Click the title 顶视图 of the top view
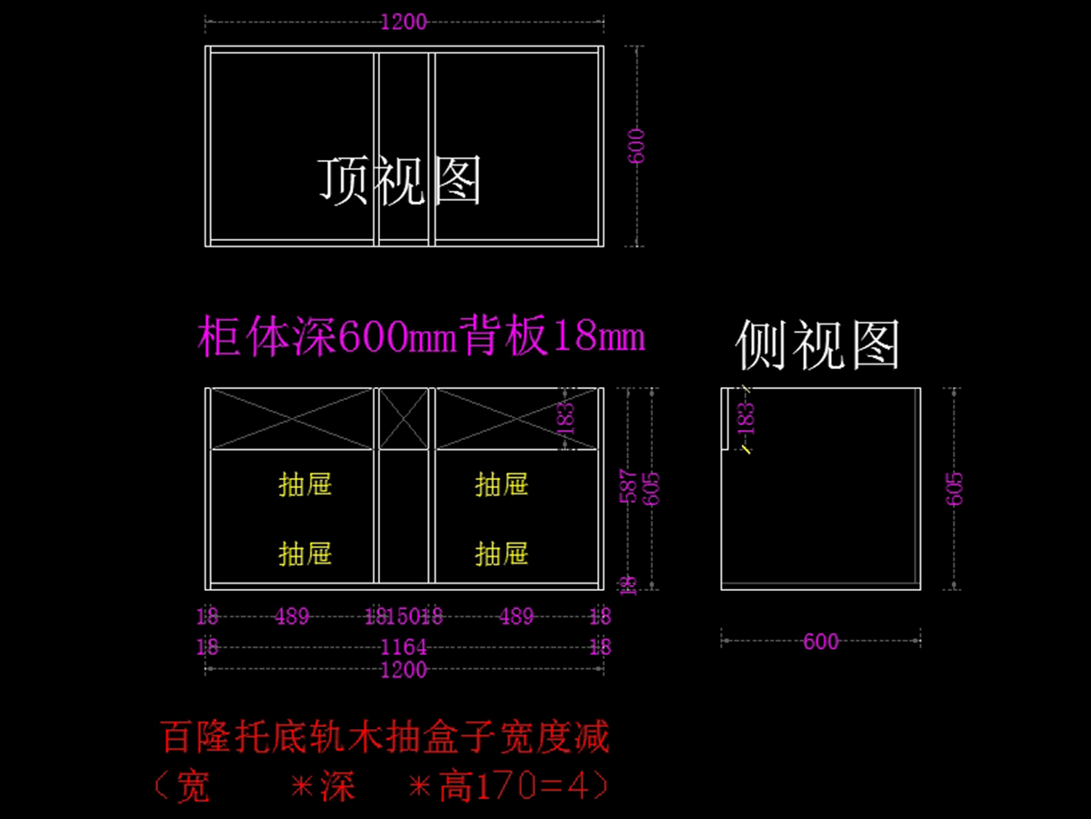[x=399, y=179]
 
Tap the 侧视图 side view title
[x=817, y=345]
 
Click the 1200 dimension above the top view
[x=404, y=22]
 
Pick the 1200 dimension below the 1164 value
[x=404, y=670]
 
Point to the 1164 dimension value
[x=404, y=647]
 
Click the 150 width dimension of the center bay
[x=403, y=617]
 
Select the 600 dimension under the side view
[x=820, y=642]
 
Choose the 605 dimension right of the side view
[x=955, y=488]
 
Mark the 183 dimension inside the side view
[x=746, y=417]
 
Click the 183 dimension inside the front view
[x=566, y=417]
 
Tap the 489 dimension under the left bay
[x=292, y=617]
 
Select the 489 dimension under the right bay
[x=516, y=617]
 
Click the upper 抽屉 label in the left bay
[x=305, y=484]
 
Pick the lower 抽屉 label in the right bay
[x=502, y=553]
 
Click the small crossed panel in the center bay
[x=404, y=418]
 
